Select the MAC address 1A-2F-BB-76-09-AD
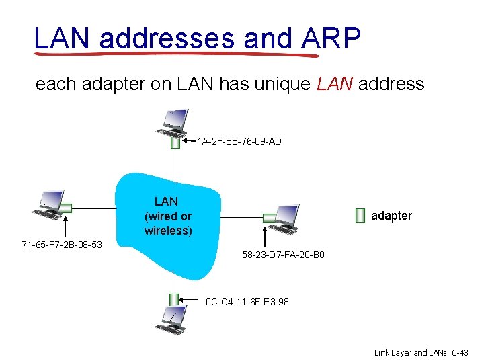tap(239, 141)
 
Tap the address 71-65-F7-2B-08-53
tap(62, 244)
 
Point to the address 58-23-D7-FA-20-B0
tap(283, 256)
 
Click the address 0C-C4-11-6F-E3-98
tap(247, 302)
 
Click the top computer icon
tap(174, 123)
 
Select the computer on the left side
tap(48, 204)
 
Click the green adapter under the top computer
tap(175, 143)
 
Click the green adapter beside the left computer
tap(67, 207)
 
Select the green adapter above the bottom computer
tap(174, 300)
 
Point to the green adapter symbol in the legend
tap(360, 215)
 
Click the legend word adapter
tap(391, 216)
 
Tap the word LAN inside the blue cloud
tap(166, 201)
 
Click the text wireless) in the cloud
tap(168, 231)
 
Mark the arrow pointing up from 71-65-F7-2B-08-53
tap(66, 225)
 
